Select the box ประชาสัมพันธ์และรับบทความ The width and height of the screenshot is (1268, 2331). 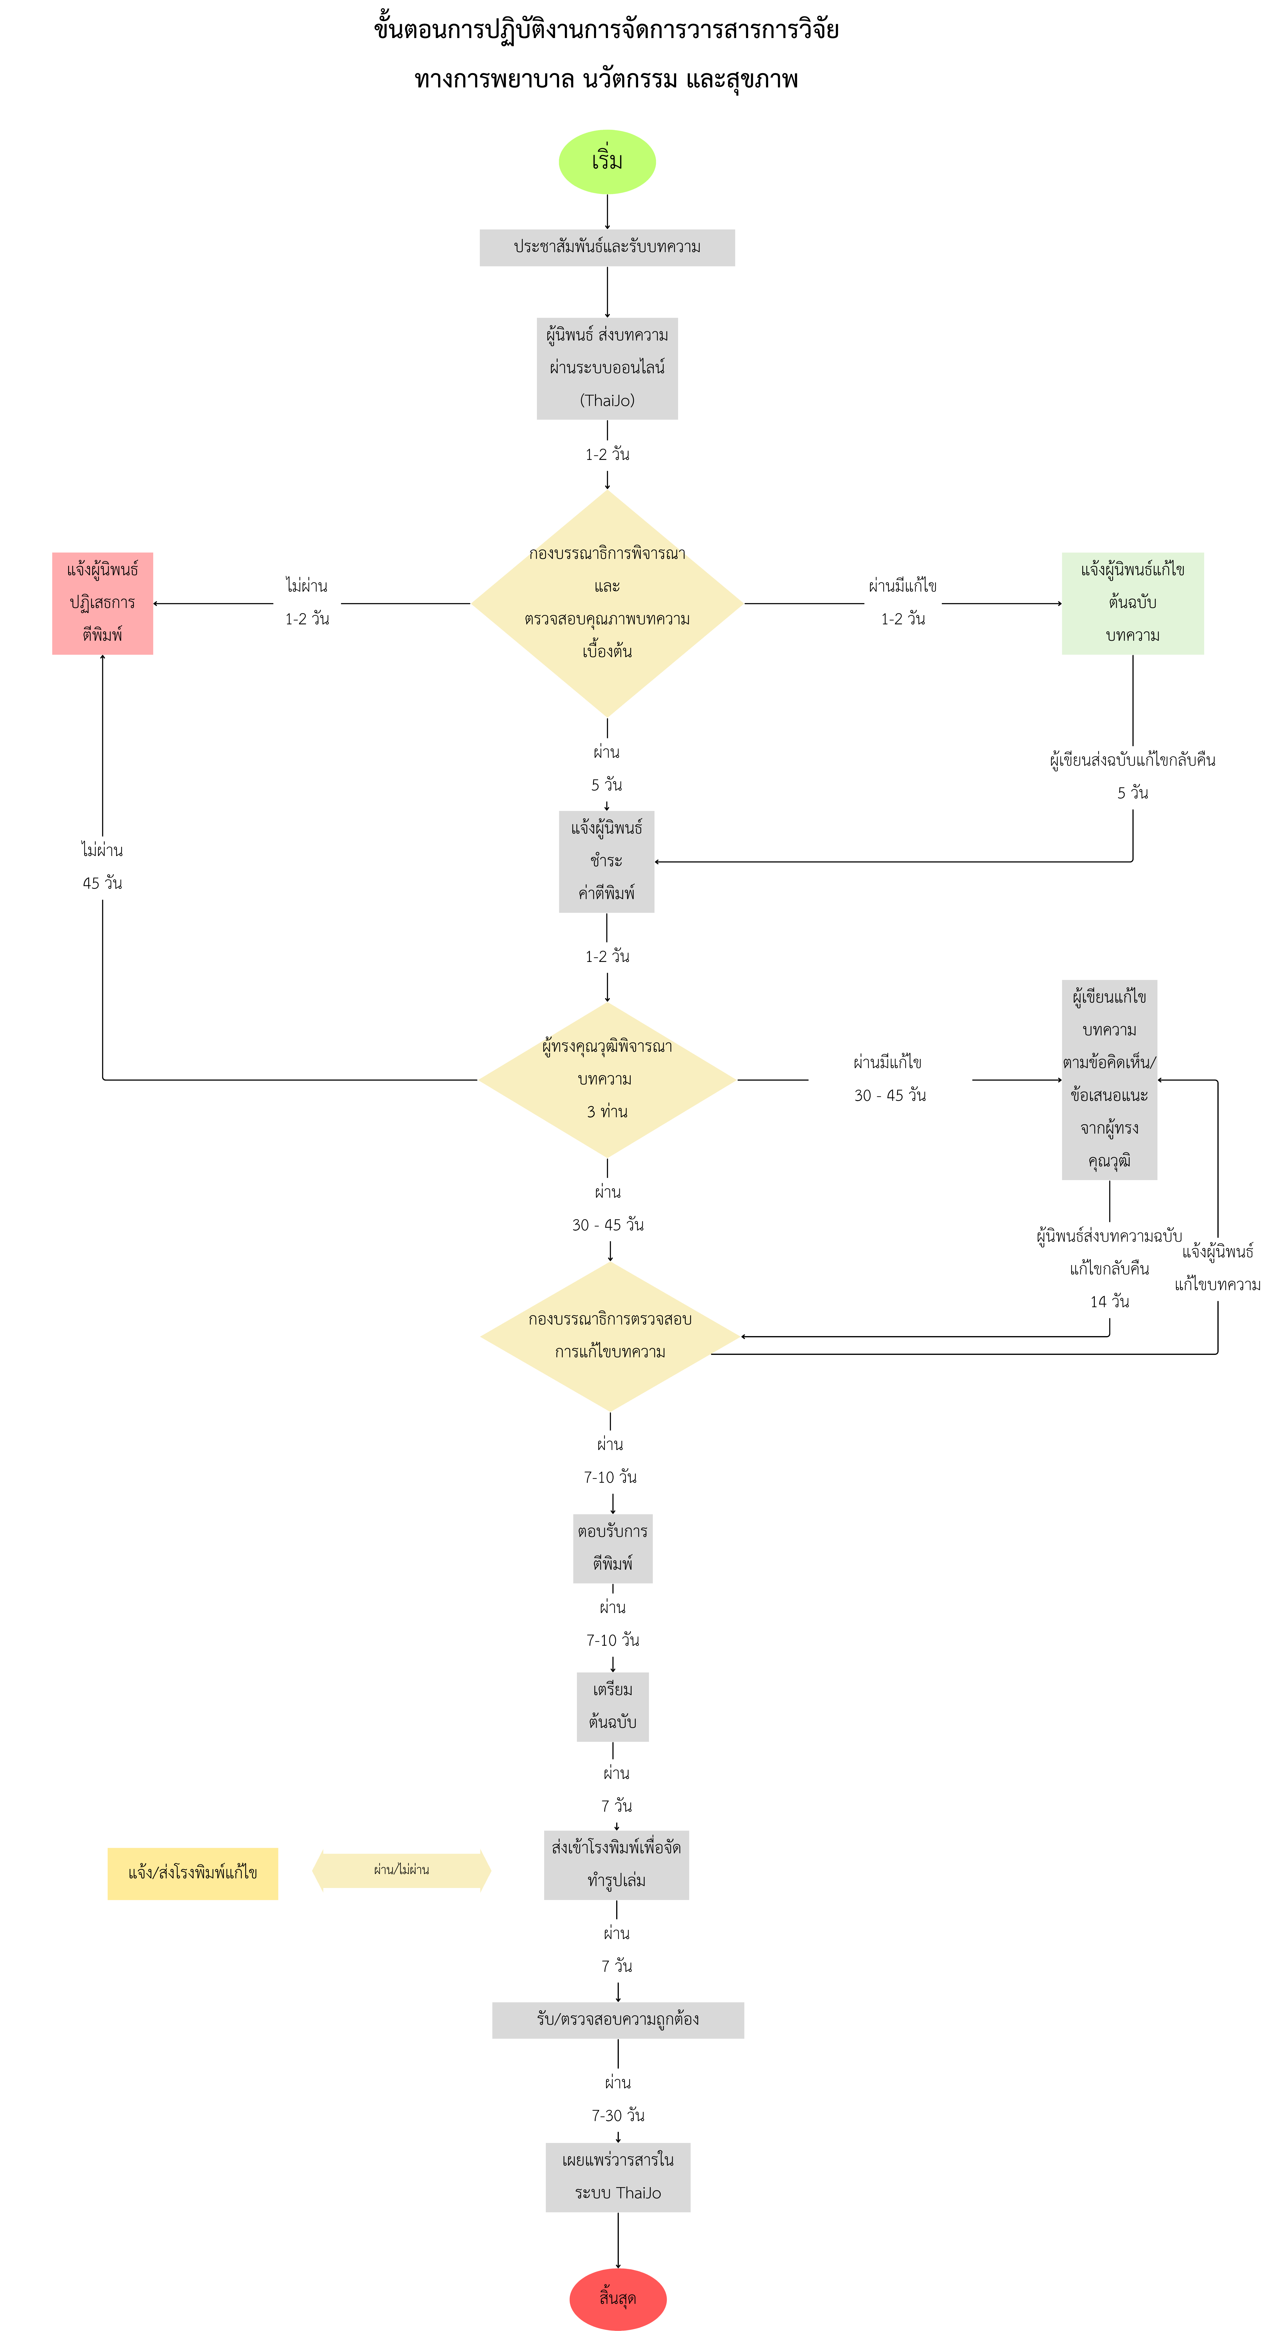pos(606,247)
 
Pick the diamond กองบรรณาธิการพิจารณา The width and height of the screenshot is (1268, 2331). pos(606,603)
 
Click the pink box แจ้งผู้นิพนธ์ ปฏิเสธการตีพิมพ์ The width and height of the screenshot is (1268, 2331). pos(102,603)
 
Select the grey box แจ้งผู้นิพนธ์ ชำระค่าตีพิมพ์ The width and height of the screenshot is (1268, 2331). pos(606,861)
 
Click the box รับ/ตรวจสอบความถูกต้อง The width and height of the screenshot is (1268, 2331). pos(617,2020)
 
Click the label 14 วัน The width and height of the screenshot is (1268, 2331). pos(1109,1301)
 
